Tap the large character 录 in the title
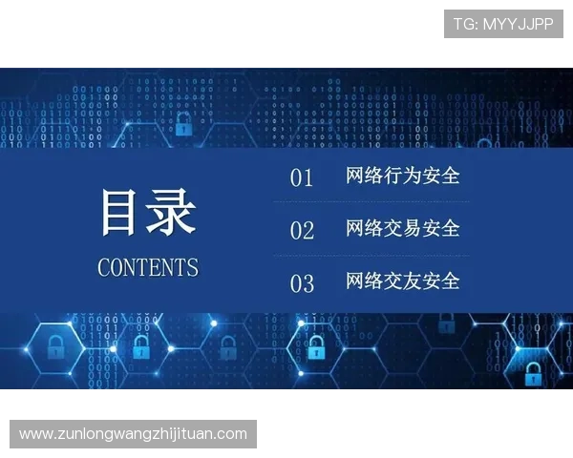[x=172, y=213]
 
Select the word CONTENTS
[x=148, y=267]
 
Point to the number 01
[x=302, y=177]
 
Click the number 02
[x=302, y=230]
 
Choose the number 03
[x=302, y=283]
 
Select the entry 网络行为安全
[x=403, y=176]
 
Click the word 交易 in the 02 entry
[x=403, y=228]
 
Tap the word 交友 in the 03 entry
[x=403, y=281]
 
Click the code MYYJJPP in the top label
[x=518, y=24]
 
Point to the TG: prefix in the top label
[x=465, y=24]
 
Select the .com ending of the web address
[x=230, y=434]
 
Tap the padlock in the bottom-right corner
[x=533, y=373]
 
